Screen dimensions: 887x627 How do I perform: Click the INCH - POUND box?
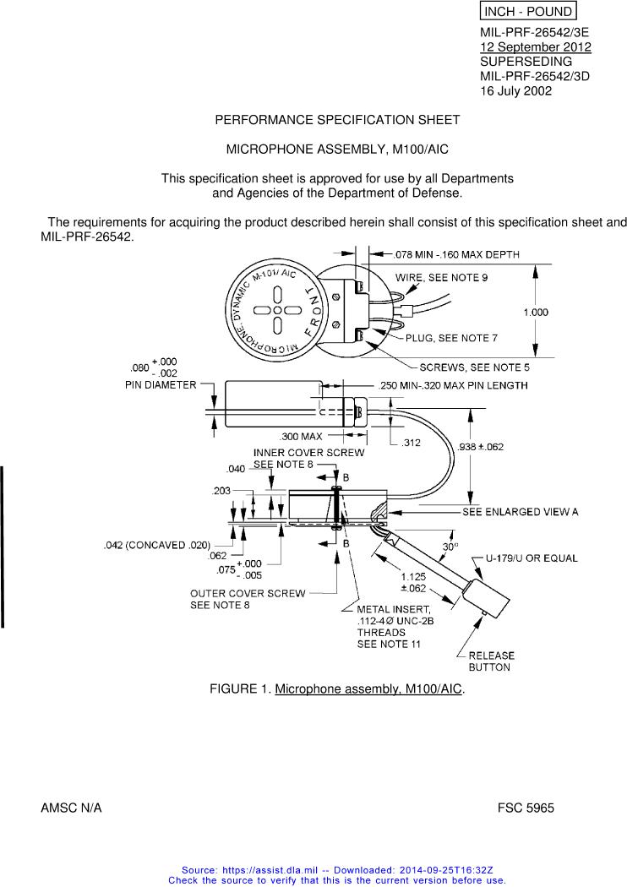[527, 11]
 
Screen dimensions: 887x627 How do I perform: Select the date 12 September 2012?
[535, 47]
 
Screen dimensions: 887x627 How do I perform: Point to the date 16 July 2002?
[515, 90]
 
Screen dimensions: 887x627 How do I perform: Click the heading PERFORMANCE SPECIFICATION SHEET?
[337, 120]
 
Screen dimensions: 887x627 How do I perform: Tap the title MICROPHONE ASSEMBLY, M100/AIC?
[337, 150]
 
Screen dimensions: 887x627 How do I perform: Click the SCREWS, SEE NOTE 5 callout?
[475, 367]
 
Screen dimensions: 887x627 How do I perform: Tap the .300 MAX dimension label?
[301, 436]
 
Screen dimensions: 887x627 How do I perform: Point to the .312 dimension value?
[412, 442]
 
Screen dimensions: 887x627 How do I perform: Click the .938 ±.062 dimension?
[479, 446]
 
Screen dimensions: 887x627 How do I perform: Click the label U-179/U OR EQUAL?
[532, 558]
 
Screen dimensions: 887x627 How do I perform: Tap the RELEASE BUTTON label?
[491, 661]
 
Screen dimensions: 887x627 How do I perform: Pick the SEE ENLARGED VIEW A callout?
[520, 512]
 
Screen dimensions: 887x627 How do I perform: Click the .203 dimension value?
[221, 490]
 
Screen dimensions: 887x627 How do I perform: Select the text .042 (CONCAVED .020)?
[157, 545]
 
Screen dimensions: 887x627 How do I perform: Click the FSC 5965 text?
[526, 808]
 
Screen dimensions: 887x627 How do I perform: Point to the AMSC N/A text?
[71, 808]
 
